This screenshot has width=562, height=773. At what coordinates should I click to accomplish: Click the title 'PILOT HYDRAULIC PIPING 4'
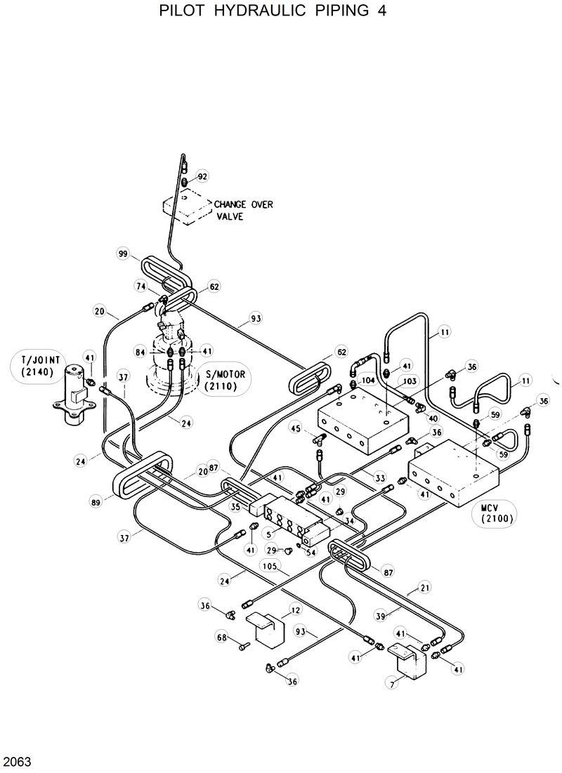273,12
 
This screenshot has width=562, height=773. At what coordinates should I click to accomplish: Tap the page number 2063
17,761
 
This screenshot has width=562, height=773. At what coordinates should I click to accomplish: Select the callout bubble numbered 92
202,176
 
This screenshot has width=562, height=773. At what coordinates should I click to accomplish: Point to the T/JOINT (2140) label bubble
32,367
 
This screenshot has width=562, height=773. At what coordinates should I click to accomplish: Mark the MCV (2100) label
497,514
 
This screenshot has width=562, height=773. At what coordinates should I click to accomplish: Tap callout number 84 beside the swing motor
141,350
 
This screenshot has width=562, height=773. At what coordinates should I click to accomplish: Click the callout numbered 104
367,380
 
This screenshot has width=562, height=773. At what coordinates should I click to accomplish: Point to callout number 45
296,429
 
